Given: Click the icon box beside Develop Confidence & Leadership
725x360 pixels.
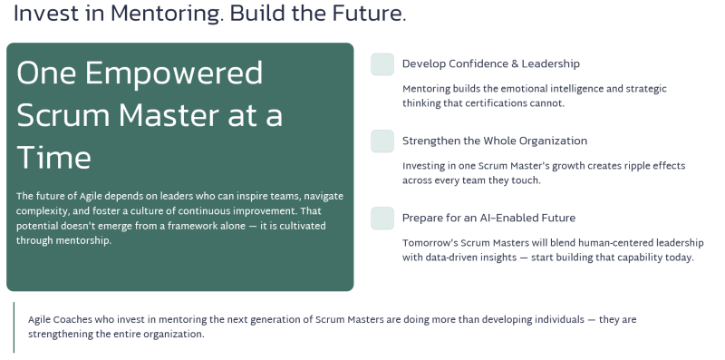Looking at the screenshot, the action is coord(382,64).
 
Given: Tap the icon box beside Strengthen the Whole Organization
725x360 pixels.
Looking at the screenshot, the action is coord(382,141).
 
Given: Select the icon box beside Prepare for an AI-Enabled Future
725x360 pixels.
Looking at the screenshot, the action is coord(382,219).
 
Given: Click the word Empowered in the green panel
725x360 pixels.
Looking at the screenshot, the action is coord(174,74).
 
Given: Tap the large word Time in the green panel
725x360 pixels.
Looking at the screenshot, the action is coord(53,157).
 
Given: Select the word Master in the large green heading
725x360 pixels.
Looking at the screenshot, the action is coord(169,115).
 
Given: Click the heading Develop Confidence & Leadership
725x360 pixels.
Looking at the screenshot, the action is coord(490,63).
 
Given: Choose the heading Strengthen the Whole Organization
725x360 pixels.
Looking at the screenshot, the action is coord(495,141).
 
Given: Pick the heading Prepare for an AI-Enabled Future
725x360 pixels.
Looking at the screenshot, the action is coord(488,218).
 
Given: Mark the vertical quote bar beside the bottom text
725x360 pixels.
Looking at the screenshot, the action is coord(14,327).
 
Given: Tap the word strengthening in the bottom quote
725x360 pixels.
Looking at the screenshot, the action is coord(61,335).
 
